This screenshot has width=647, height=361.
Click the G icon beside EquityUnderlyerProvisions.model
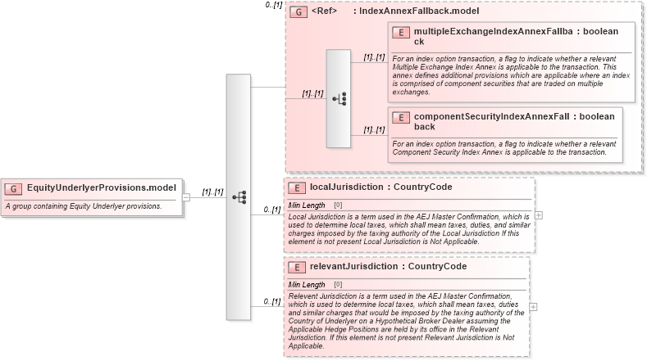[13, 188]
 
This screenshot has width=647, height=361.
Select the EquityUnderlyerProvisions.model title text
[101, 188]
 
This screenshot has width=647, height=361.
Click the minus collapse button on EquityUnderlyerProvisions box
[186, 196]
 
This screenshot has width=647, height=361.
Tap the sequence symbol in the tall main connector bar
[239, 196]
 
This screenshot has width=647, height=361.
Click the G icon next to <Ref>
[300, 12]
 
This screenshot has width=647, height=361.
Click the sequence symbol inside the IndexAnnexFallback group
[339, 98]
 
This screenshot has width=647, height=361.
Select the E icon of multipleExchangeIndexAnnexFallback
[401, 32]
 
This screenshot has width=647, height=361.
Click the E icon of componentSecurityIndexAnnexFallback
[401, 117]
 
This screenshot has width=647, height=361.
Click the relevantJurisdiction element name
[353, 267]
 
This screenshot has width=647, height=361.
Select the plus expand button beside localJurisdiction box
[539, 214]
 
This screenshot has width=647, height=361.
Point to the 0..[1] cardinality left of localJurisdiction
[271, 210]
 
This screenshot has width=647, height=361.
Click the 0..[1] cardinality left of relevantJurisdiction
[271, 302]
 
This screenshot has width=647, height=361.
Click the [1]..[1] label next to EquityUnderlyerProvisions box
[212, 192]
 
